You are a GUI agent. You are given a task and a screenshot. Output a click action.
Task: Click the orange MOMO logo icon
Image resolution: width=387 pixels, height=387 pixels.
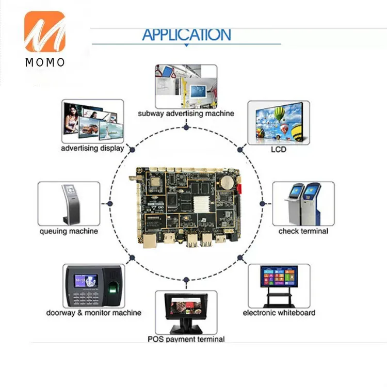[x=45, y=31]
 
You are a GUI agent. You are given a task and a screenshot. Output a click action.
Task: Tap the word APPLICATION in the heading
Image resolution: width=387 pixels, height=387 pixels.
[x=187, y=35]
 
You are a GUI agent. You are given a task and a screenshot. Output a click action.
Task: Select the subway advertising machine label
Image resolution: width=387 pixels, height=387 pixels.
[x=186, y=114]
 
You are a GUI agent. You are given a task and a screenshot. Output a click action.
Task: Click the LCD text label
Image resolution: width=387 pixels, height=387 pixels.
[x=279, y=149]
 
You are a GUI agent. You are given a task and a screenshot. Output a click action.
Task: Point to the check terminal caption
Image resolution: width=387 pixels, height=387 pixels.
[x=303, y=231]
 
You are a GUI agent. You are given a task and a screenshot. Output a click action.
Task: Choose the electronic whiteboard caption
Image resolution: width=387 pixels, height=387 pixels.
[x=279, y=313]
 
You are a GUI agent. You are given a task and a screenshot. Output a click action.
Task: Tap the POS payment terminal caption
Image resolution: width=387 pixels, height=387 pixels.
[x=186, y=339]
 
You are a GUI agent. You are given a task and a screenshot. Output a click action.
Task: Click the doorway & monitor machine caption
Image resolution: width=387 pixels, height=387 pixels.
[x=94, y=313]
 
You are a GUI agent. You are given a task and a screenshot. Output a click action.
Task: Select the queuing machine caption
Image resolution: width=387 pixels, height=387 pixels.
[x=69, y=231]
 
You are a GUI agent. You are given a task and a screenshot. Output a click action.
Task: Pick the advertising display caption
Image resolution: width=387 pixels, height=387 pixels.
[x=92, y=148]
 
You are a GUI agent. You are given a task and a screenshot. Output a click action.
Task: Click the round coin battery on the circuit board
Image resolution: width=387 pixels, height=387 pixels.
[x=227, y=183]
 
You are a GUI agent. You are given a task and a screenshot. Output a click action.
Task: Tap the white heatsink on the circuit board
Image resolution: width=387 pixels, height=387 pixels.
[x=201, y=204]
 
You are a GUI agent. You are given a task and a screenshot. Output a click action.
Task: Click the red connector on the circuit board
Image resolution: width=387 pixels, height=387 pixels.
[x=239, y=188]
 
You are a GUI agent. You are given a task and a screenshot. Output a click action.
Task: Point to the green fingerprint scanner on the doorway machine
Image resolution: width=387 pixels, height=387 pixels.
[x=113, y=288]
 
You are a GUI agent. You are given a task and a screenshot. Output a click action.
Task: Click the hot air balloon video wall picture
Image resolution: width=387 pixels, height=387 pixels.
[x=279, y=122]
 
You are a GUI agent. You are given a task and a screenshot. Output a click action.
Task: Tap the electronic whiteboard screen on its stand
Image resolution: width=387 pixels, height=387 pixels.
[x=279, y=277]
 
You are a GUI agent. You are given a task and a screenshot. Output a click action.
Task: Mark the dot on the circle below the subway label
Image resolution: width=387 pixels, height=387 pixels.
[x=186, y=127]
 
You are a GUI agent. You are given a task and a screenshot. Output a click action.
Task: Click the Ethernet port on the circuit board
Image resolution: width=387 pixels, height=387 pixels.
[x=150, y=240]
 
